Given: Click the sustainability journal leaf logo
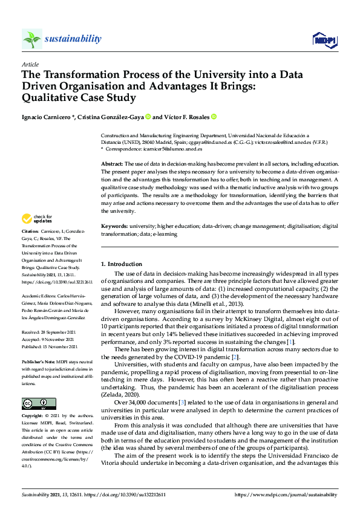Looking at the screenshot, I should click(32, 39).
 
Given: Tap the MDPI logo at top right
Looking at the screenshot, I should click(324, 40).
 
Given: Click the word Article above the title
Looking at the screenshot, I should click(30, 64).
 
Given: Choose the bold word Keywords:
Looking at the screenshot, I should click(114, 226).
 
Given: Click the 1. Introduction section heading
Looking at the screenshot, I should click(122, 264).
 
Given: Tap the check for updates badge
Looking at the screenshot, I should click(36, 219).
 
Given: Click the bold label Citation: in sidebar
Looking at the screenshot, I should click(30, 232).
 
